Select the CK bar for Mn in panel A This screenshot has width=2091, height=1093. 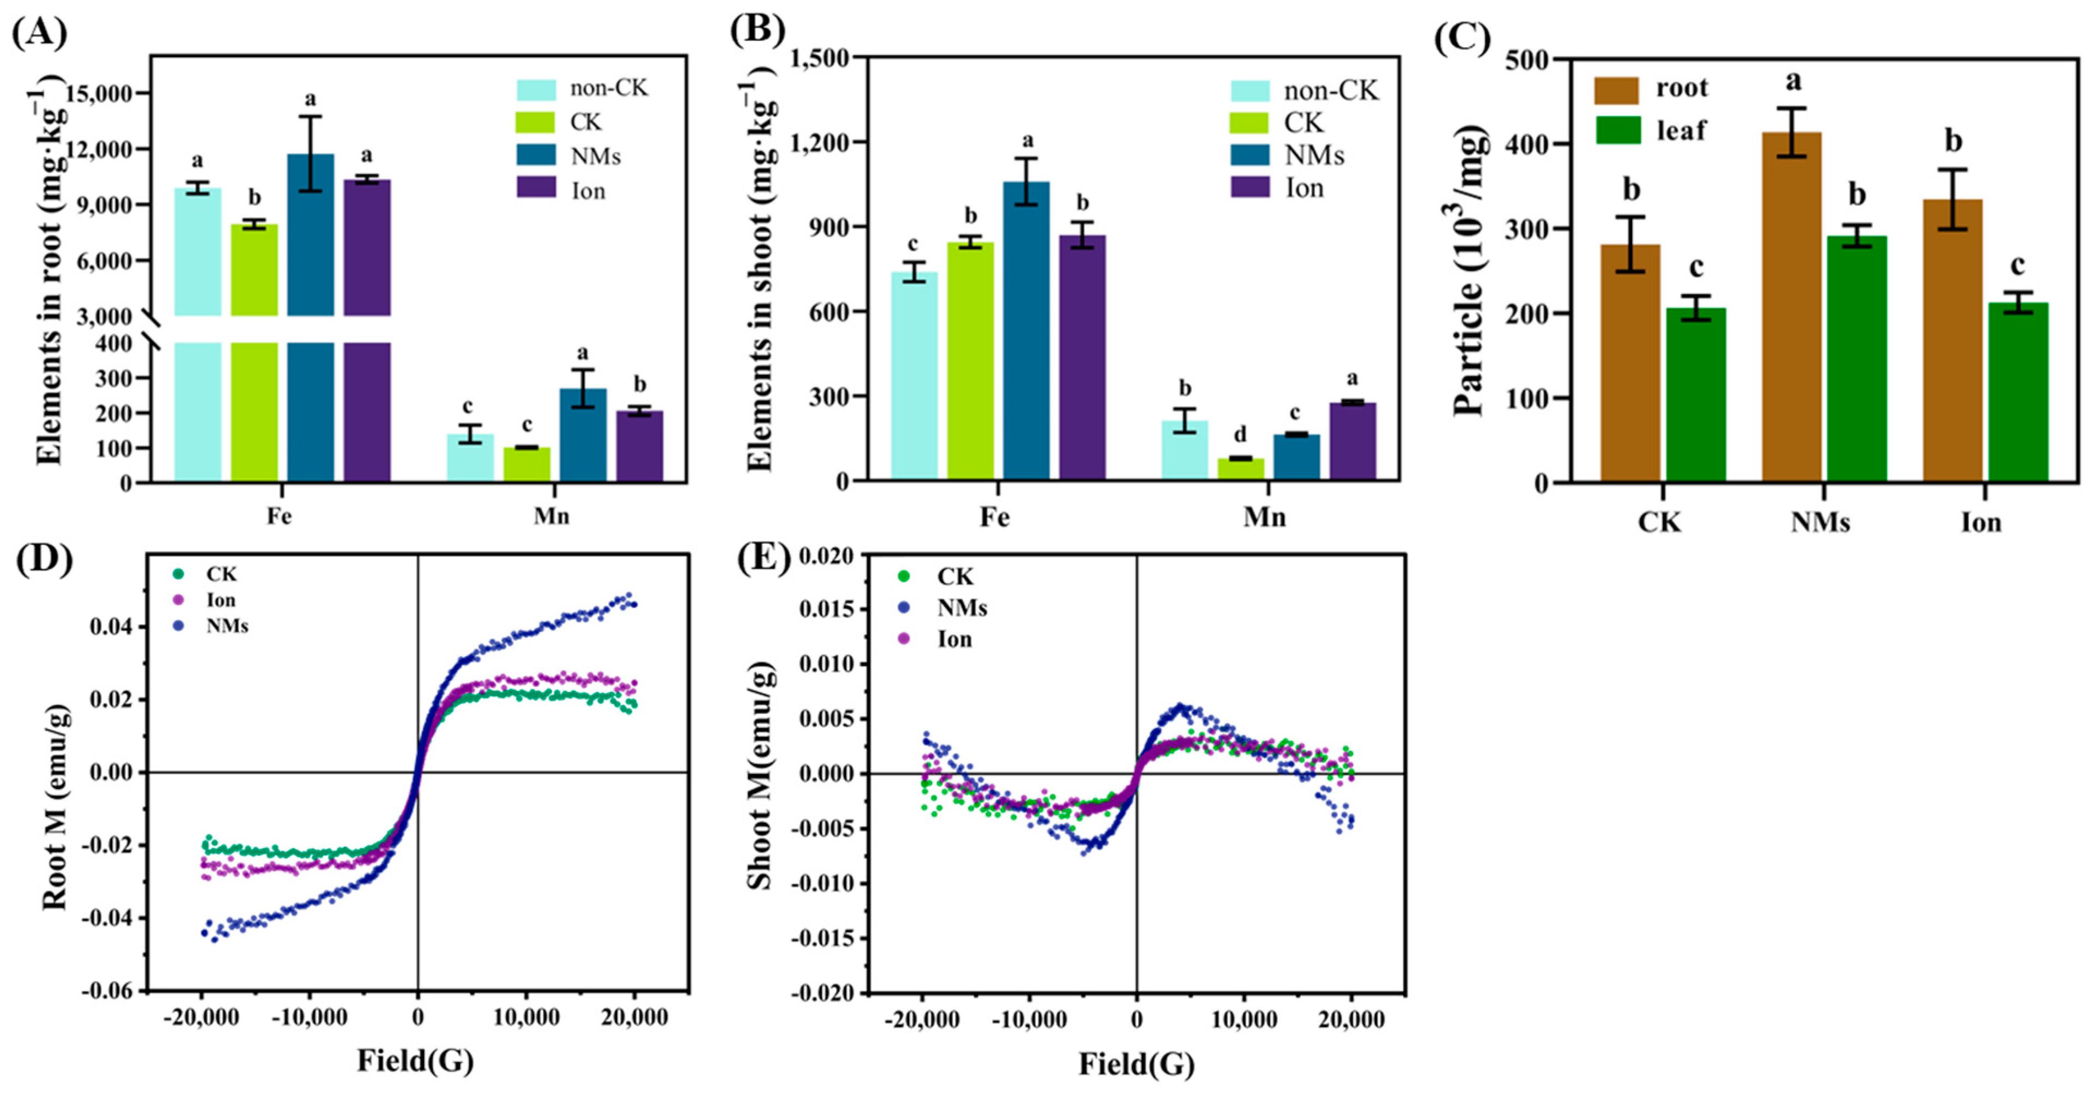527,465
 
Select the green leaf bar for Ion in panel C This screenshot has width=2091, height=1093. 2018,393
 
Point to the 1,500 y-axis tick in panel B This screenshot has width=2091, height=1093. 816,58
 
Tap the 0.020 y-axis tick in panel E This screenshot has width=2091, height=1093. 826,556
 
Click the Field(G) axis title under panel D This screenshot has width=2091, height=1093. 415,1060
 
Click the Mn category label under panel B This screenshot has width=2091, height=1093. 1264,517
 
